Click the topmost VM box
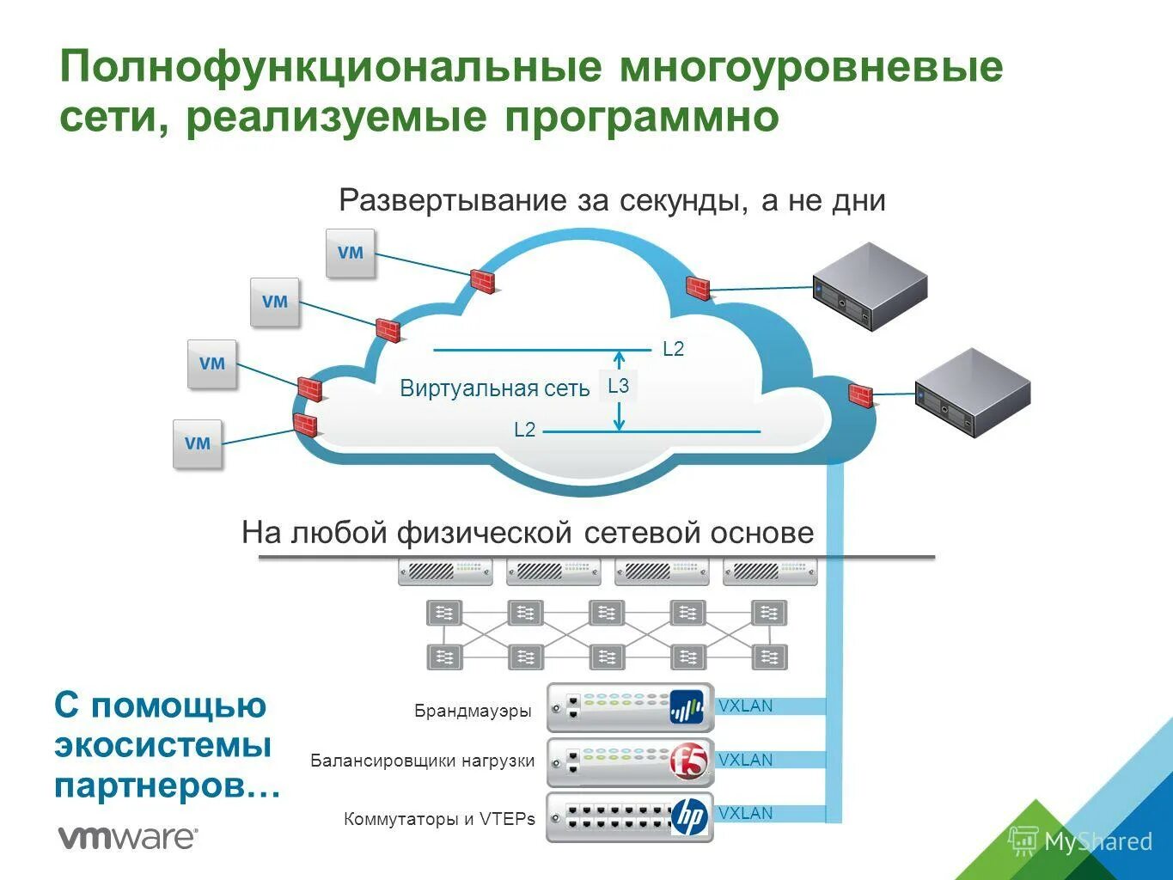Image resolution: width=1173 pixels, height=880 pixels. (351, 253)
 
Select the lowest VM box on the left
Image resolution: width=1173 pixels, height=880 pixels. (198, 443)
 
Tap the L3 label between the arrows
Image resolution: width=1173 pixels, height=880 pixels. (619, 387)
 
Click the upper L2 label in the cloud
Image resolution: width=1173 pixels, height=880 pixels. (673, 349)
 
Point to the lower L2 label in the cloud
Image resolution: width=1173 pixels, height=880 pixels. (524, 430)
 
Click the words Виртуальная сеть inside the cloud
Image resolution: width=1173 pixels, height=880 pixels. (494, 388)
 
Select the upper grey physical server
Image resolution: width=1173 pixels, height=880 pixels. (870, 286)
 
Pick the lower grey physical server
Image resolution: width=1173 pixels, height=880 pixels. (972, 393)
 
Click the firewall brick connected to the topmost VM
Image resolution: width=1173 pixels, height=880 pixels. (483, 281)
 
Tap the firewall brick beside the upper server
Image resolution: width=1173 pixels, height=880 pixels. (698, 288)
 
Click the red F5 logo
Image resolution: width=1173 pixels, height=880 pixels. (688, 761)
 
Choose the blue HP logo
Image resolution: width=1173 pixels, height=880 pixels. (689, 816)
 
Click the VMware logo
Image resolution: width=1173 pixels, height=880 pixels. (127, 837)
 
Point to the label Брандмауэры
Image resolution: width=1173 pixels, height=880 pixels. (473, 712)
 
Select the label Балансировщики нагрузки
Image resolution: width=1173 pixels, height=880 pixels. (422, 761)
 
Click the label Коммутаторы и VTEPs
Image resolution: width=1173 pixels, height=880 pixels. (439, 819)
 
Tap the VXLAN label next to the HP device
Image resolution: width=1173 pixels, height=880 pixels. (745, 813)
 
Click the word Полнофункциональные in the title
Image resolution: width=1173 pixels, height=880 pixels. (330, 68)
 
